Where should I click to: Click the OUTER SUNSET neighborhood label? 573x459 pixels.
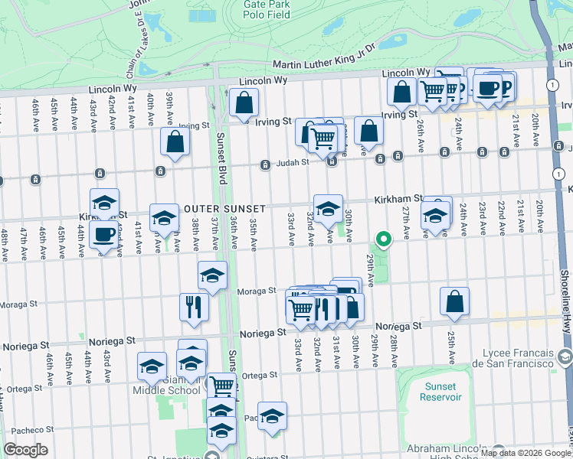point(224,209)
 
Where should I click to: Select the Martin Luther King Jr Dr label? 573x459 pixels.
point(324,58)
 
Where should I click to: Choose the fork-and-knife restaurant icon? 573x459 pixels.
point(194,306)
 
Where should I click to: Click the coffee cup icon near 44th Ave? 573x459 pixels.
point(104,234)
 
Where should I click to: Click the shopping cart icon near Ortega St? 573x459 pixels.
point(221,386)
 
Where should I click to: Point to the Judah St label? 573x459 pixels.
point(292,161)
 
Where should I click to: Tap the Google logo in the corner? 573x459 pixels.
point(25,450)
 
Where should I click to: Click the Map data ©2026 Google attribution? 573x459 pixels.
point(525,453)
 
